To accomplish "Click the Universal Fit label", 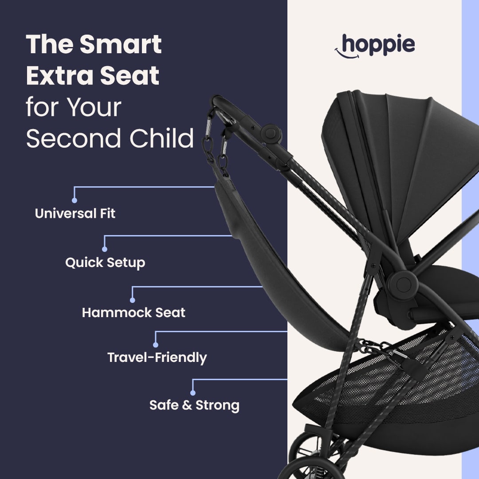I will tap(75, 213).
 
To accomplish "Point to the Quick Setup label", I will tap(105, 263).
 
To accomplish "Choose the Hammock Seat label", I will tap(133, 312).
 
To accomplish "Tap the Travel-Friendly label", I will tap(157, 357).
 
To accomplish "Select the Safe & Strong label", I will tap(194, 405).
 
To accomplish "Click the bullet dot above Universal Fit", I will tap(74, 200).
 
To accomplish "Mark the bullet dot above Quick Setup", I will tap(105, 249).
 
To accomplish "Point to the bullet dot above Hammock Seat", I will tap(132, 300).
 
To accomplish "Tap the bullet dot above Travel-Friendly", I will tap(156, 345).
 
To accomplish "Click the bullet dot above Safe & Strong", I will tap(192, 393).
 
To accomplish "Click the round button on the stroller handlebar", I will tap(271, 133).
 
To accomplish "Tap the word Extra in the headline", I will tap(56, 76).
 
